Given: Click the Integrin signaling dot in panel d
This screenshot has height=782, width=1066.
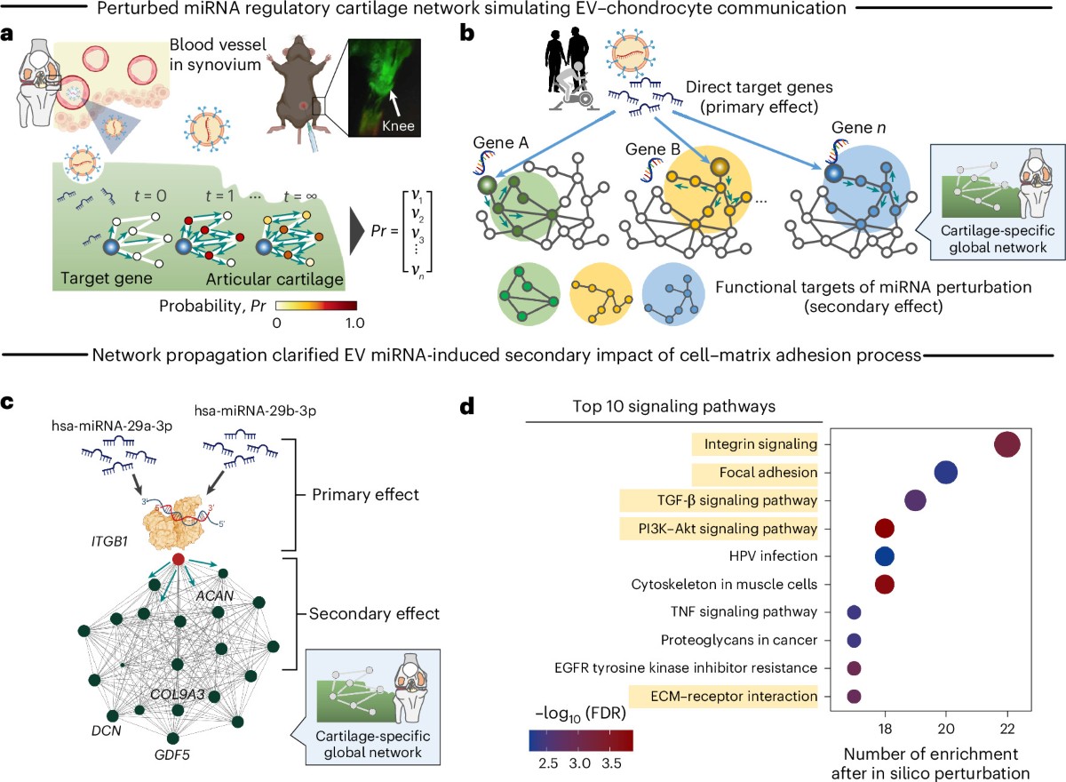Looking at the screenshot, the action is pos(1007,444).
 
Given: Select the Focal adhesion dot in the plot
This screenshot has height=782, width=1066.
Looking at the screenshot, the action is pos(946,473).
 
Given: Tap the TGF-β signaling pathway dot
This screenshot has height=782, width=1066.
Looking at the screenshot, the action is pos(915,500).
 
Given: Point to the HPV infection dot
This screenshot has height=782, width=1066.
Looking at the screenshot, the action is pos(885,556).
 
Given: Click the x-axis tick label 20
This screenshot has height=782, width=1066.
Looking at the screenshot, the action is pos(946,729).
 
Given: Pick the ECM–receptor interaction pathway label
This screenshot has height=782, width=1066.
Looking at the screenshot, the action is pos(734,697).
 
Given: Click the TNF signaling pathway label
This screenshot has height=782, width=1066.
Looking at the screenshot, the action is pos(744,611).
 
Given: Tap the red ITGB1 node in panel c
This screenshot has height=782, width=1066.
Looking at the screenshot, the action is pos(178,559).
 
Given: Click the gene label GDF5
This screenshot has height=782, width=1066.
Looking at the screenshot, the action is pos(172,755).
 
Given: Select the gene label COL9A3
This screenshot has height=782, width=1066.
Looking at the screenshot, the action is pos(177,694).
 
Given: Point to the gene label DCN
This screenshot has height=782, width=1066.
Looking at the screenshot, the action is pos(107,730).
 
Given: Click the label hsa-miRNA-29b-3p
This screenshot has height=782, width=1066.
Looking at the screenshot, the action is pos(255,411).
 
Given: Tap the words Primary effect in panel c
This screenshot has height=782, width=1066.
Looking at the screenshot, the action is pos(365,495).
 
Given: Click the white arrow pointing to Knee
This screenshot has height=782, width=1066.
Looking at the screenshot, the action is pos(395,102).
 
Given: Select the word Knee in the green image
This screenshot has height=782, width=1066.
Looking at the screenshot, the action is pos(398,126).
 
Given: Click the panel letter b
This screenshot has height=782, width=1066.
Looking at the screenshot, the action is pos(467,34).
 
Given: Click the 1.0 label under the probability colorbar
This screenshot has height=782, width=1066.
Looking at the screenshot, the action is pos(354,323).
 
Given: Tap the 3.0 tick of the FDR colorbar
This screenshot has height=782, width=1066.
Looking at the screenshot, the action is pos(579,763).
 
